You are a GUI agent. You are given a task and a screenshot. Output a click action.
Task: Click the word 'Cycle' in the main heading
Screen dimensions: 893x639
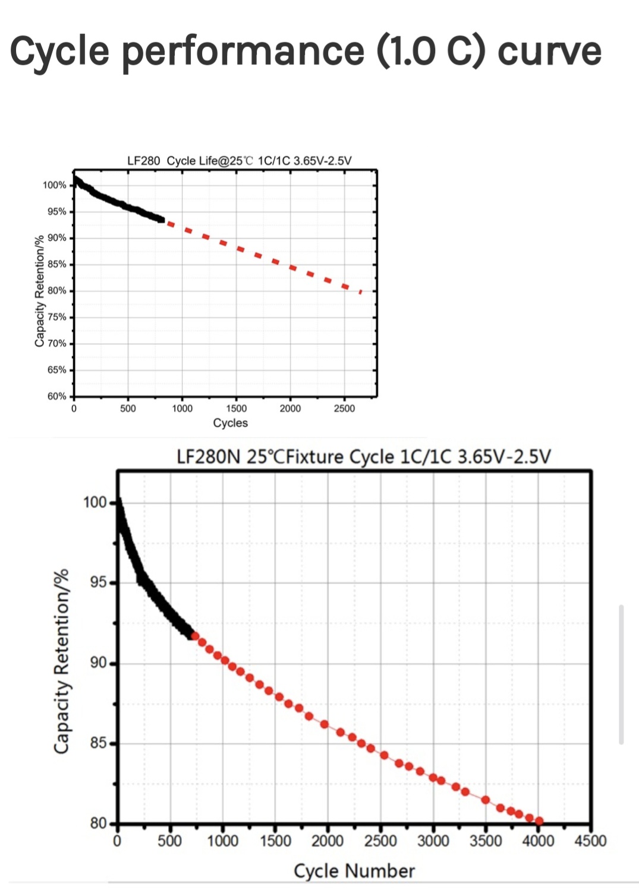pyautogui.click(x=60, y=52)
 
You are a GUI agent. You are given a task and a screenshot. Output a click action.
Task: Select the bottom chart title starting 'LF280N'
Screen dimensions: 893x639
pyautogui.click(x=364, y=457)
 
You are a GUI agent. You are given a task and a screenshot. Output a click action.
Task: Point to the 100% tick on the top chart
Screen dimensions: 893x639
pyautogui.click(x=55, y=185)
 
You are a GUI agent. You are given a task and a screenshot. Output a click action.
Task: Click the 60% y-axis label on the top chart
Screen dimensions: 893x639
pyautogui.click(x=57, y=396)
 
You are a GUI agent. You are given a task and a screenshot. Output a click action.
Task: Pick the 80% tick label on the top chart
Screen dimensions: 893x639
pyautogui.click(x=57, y=291)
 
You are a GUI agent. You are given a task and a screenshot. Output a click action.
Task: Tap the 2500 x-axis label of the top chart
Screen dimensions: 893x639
pyautogui.click(x=344, y=408)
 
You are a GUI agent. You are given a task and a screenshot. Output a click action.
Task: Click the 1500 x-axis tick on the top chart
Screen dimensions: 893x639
pyautogui.click(x=236, y=408)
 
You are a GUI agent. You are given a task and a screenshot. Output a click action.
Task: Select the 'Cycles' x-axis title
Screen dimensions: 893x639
pyautogui.click(x=230, y=423)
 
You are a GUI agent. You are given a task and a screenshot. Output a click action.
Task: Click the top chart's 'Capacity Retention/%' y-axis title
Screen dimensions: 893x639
pyautogui.click(x=40, y=291)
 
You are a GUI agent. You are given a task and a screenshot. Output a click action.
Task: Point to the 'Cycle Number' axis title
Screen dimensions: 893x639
pyautogui.click(x=354, y=871)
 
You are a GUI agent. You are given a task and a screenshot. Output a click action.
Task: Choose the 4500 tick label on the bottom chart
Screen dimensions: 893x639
pyautogui.click(x=590, y=841)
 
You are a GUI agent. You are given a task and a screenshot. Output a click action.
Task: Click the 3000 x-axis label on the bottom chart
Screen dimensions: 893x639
pyautogui.click(x=433, y=841)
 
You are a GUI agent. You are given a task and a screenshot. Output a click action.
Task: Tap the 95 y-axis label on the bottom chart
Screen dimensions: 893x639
pyautogui.click(x=99, y=582)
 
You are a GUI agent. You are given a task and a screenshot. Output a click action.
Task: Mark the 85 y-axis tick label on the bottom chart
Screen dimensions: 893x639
pyautogui.click(x=99, y=743)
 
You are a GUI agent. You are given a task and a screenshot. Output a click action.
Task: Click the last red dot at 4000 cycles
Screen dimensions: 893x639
pyautogui.click(x=539, y=821)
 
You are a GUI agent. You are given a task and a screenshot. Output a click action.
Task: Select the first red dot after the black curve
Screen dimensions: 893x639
pyautogui.click(x=195, y=636)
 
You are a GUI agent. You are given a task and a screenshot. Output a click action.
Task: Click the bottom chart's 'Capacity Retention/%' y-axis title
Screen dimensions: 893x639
pyautogui.click(x=62, y=661)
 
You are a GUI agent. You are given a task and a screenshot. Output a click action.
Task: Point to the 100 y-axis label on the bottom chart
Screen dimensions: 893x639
pyautogui.click(x=95, y=502)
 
